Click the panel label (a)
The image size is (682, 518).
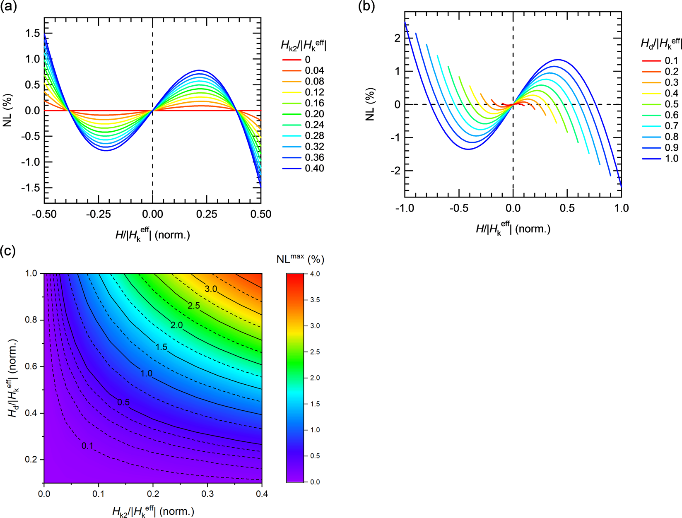coord(9,7)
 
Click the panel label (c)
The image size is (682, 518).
coord(9,251)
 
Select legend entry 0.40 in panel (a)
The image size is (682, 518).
coord(314,169)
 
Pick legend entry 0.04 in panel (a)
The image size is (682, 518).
coord(314,71)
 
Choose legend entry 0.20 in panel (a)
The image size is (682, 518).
coord(314,114)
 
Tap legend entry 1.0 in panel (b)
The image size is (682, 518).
coord(671,159)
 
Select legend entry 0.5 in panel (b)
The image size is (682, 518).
coord(671,104)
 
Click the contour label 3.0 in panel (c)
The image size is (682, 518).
coord(211,289)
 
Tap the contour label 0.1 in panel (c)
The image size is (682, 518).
coord(87,446)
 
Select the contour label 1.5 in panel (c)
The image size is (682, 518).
coord(161,347)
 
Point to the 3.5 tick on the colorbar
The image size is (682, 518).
coord(315,300)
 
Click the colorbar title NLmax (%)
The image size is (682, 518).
coord(300,259)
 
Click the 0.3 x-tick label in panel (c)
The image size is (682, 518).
coord(207,494)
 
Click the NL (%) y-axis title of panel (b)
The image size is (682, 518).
coord(371,104)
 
